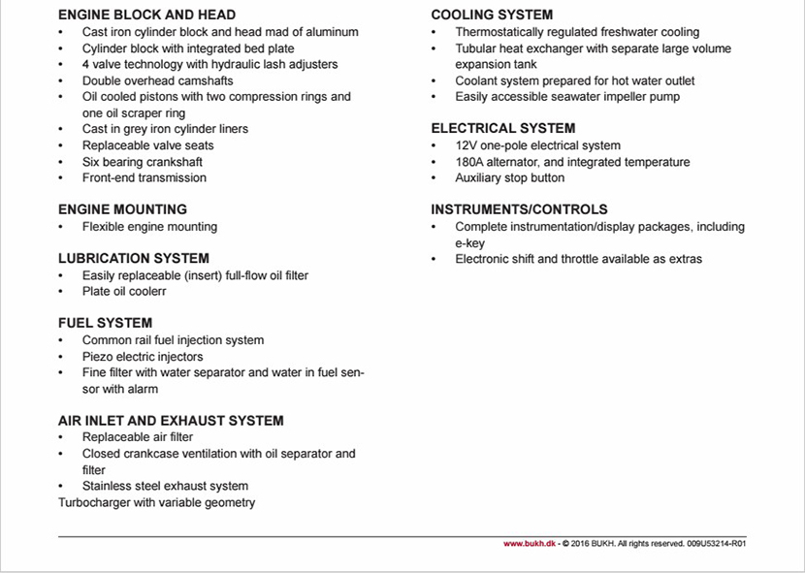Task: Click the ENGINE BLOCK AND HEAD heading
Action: click(146, 16)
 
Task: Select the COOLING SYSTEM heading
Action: click(492, 16)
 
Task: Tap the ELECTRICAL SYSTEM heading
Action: click(502, 128)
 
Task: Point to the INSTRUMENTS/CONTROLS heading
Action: click(519, 209)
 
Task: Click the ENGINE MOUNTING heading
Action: click(122, 209)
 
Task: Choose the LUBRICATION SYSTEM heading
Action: click(133, 258)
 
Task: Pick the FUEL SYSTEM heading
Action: click(105, 323)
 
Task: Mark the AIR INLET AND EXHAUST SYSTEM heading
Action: click(171, 421)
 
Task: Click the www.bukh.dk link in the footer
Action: click(528, 544)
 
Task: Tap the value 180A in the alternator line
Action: click(471, 162)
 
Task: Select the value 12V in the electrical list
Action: click(467, 145)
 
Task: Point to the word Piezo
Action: click(98, 357)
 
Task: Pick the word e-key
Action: click(471, 243)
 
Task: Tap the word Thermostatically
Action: click(501, 32)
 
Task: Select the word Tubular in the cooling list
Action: click(476, 48)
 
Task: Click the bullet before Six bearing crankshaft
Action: click(61, 162)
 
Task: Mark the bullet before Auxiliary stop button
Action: click(434, 178)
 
